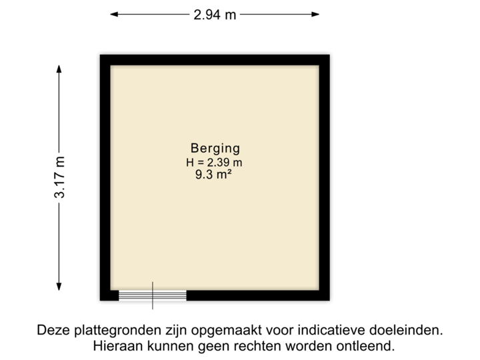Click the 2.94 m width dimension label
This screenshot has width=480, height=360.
point(215,14)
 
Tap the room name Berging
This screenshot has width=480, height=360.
point(215,148)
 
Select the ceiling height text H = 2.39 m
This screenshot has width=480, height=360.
point(215,162)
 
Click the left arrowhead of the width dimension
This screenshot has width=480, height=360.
point(114,14)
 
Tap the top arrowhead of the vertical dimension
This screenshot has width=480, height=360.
point(60,69)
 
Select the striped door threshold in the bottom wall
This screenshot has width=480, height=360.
point(153,296)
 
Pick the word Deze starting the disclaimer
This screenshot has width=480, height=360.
point(52,330)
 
